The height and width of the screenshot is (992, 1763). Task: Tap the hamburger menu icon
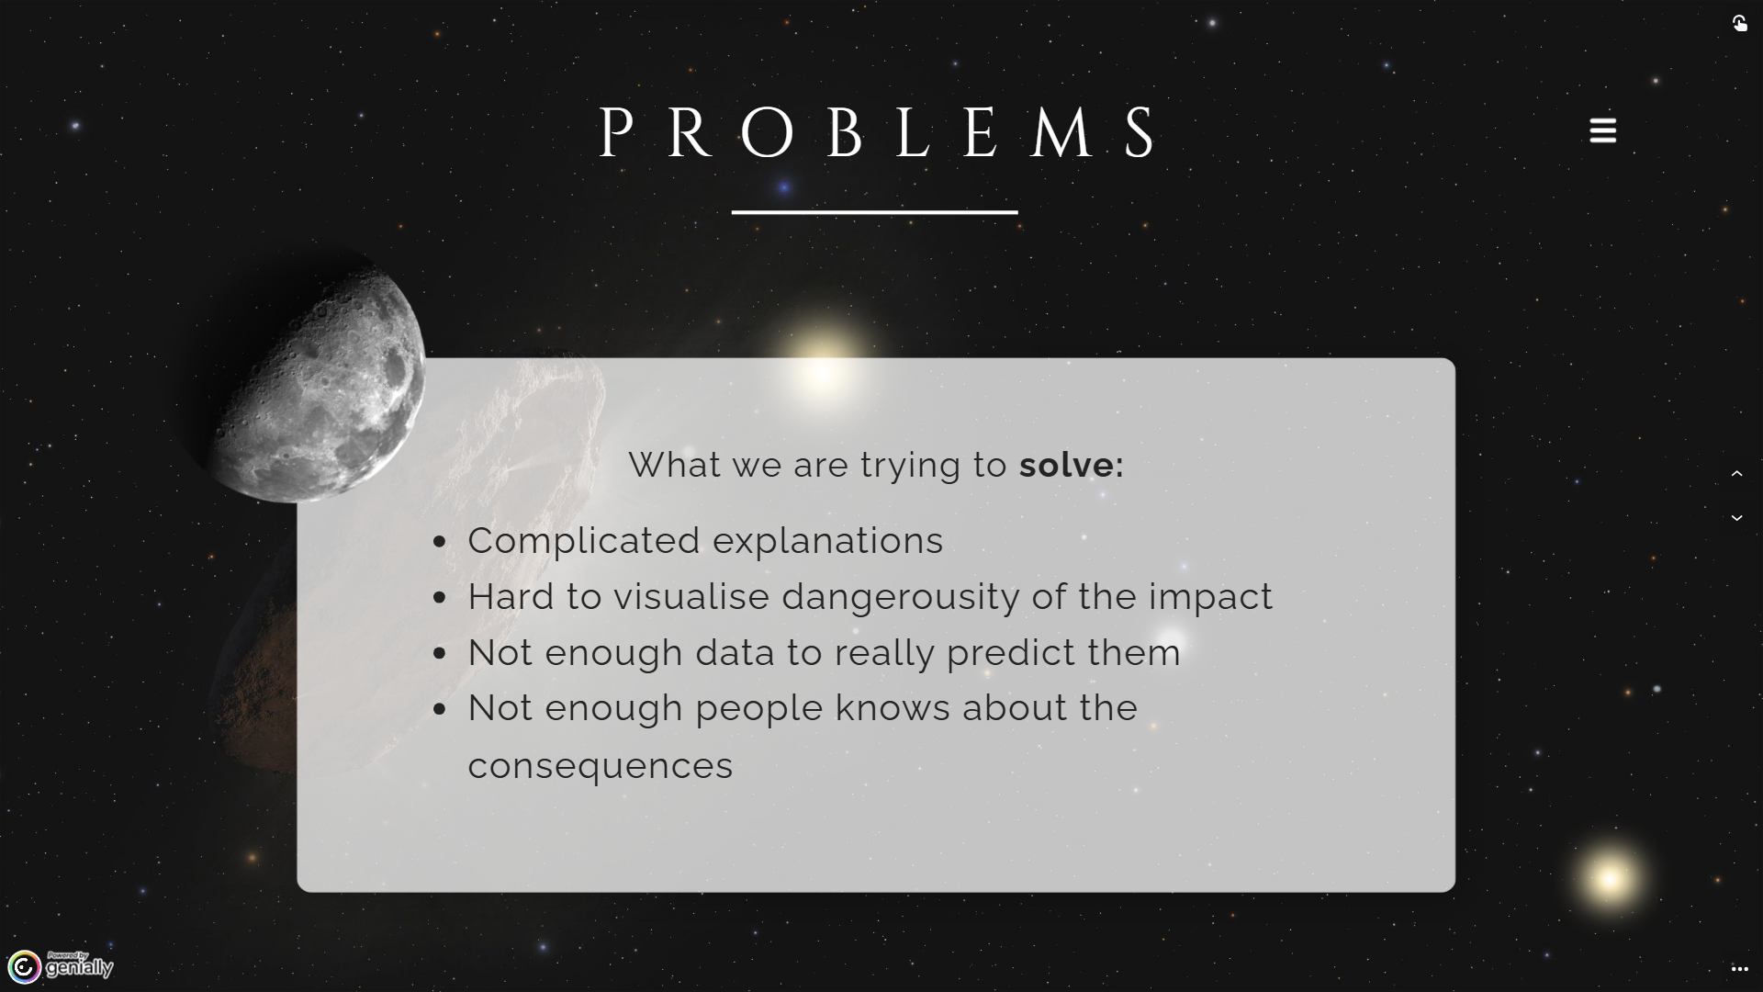(x=1603, y=130)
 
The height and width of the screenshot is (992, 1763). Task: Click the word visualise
(x=691, y=596)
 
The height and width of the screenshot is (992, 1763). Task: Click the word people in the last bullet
(x=759, y=709)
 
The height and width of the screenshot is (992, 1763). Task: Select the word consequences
(x=601, y=766)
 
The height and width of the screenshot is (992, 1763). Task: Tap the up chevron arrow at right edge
(x=1737, y=474)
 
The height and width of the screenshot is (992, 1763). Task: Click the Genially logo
(x=61, y=966)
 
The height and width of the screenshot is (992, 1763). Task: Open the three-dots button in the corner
(x=1740, y=969)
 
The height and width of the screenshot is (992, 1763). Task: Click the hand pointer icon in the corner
(x=1740, y=23)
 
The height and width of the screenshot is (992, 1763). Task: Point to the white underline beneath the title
(x=875, y=212)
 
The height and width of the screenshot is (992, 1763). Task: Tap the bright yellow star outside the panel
(x=1609, y=879)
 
